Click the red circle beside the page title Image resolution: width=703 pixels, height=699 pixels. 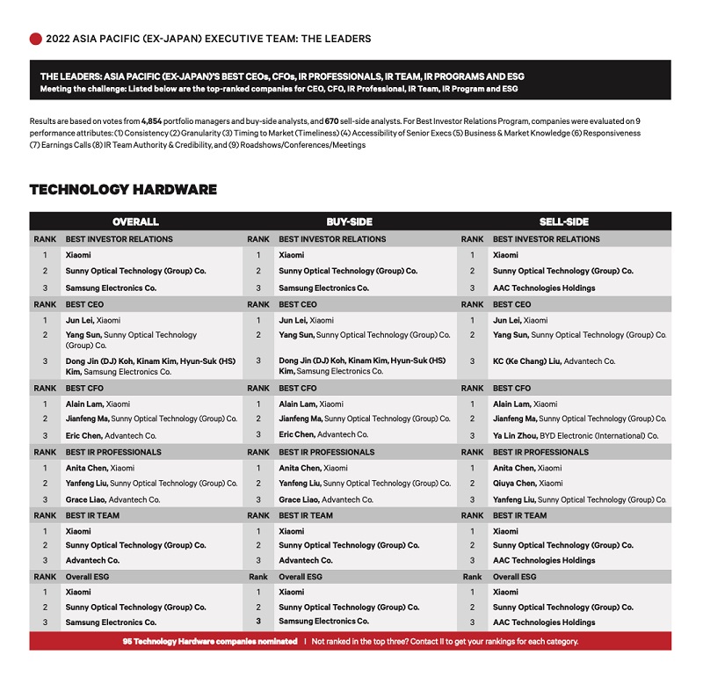tap(36, 39)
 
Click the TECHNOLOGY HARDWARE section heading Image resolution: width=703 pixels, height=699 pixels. tap(123, 190)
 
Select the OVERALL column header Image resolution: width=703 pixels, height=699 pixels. tap(135, 222)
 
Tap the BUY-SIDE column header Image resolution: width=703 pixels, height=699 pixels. tap(350, 222)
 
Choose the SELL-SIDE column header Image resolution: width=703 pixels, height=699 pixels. tap(563, 222)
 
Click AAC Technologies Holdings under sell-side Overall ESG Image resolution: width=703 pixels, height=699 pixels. tap(544, 623)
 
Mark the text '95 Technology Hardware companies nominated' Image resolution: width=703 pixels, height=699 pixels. tap(210, 641)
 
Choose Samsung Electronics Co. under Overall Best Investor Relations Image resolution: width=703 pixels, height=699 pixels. tap(111, 288)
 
